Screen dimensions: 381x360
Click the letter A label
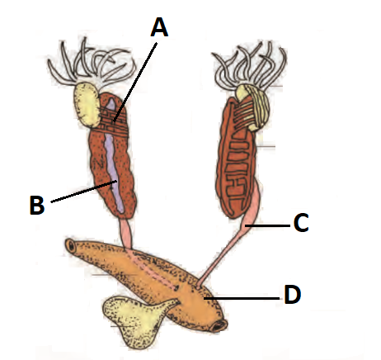(159, 27)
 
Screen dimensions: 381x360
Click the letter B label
(37, 205)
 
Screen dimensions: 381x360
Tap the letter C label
(301, 223)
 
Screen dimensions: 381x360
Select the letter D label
(293, 295)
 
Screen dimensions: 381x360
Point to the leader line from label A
(135, 82)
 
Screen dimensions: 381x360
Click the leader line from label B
(84, 192)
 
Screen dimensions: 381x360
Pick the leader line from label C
(268, 225)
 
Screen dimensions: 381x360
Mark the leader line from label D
(242, 298)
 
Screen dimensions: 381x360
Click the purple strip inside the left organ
(113, 157)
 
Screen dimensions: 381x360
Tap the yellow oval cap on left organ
(86, 106)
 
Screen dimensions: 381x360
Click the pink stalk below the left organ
(126, 234)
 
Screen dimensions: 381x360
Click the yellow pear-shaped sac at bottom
(134, 320)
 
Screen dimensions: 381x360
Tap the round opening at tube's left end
(71, 245)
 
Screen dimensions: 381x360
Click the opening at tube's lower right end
(219, 326)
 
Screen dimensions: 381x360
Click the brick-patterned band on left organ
(113, 121)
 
